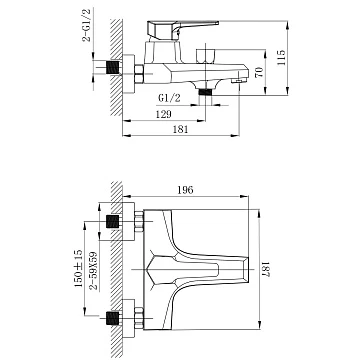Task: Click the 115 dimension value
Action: coord(282,57)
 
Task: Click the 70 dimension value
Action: coord(259,72)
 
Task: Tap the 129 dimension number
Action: coord(164,114)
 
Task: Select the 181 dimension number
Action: coord(181,129)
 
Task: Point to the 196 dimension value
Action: coord(185,190)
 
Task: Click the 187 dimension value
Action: coord(264,269)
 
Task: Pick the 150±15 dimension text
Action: coord(78,269)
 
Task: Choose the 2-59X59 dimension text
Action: coord(95,271)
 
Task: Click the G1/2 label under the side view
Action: coord(169,98)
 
